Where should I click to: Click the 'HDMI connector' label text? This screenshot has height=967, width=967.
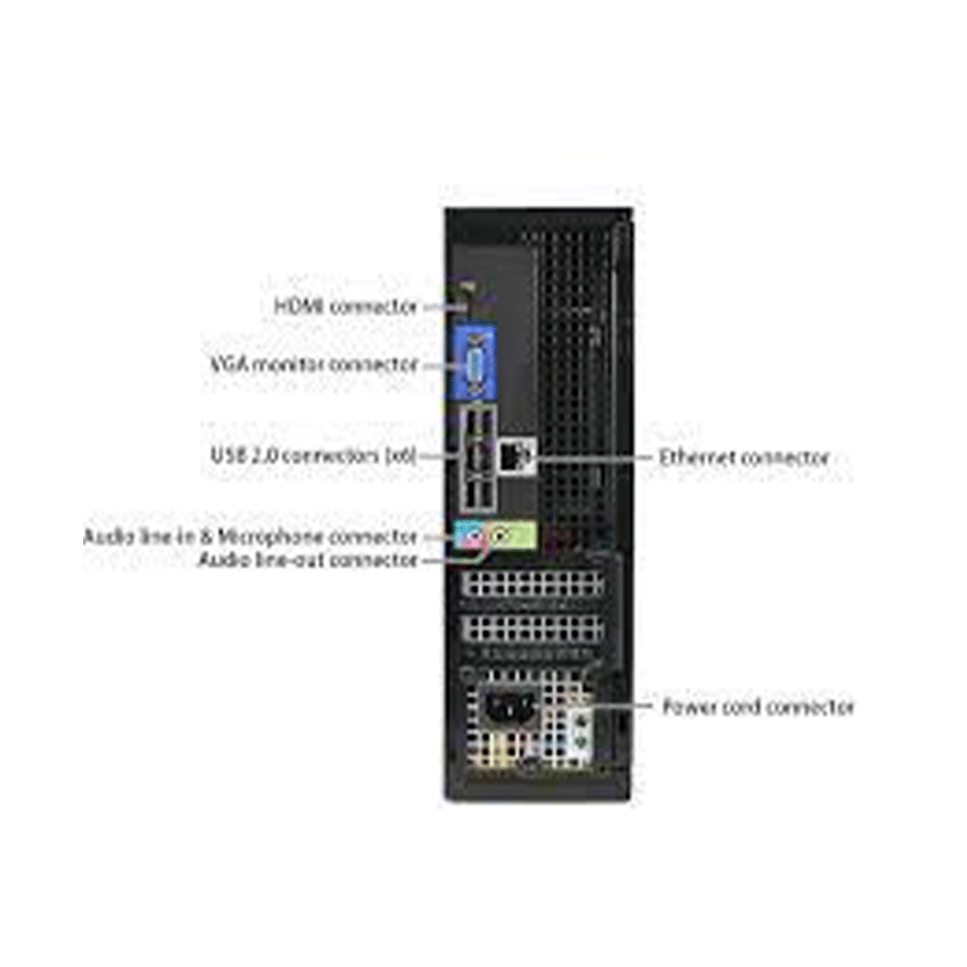346,306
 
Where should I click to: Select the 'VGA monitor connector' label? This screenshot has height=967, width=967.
314,364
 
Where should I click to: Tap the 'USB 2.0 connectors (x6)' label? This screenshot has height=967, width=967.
313,455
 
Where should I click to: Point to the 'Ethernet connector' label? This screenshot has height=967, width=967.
744,457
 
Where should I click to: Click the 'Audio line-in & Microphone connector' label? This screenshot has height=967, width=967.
250,537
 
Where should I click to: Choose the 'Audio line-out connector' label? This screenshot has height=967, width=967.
308,560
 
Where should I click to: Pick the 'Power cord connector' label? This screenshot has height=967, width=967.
758,706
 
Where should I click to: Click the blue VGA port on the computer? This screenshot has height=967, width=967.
474,366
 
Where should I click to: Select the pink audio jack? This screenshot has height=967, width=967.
473,538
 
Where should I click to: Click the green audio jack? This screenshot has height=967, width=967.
503,536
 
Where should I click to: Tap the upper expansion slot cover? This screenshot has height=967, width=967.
534,583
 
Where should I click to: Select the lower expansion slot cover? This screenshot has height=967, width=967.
534,629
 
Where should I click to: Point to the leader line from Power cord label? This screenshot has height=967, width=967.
621,704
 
